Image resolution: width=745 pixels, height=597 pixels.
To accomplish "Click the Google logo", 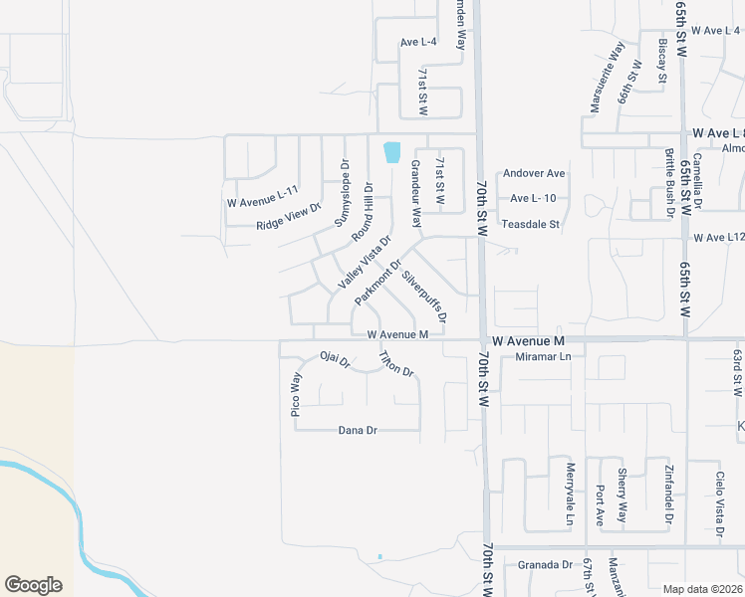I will [x=33, y=585].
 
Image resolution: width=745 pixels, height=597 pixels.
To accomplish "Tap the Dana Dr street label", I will [x=358, y=430].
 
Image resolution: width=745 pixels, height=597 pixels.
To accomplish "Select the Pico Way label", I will [x=296, y=394].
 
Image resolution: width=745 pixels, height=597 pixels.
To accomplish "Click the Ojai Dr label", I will [x=335, y=359].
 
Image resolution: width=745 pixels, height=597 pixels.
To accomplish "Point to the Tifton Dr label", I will [x=395, y=364].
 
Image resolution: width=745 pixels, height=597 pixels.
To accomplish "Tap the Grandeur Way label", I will [x=416, y=192].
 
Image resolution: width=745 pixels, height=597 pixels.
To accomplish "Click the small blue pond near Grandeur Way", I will [x=391, y=152].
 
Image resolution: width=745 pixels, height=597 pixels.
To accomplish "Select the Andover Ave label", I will [x=534, y=173].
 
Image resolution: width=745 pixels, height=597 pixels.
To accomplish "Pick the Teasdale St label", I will [x=531, y=225].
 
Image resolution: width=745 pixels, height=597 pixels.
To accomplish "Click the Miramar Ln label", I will [x=537, y=356].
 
